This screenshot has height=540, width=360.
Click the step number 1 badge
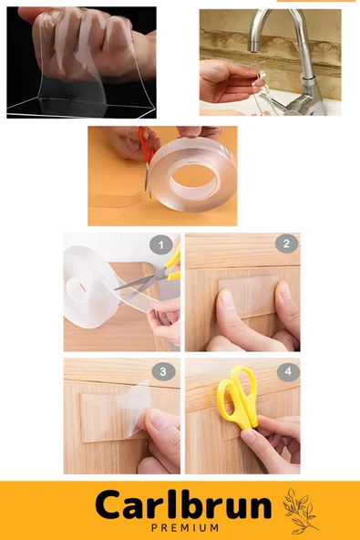pyautogui.click(x=161, y=244)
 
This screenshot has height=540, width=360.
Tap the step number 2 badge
pyautogui.click(x=286, y=244)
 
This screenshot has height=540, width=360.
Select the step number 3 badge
pyautogui.click(x=163, y=372)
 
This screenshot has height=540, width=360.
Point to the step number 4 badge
pyautogui.click(x=288, y=371)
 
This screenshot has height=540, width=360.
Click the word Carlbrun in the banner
pyautogui.click(x=183, y=506)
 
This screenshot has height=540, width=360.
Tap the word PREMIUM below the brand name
pyautogui.click(x=185, y=527)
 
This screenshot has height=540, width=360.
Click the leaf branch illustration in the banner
pyautogui.click(x=300, y=510)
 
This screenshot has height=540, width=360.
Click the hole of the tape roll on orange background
pyautogui.click(x=195, y=179)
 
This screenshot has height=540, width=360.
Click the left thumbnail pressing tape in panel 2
pyautogui.click(x=226, y=299)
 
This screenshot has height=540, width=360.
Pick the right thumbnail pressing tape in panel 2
pyautogui.click(x=284, y=291)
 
